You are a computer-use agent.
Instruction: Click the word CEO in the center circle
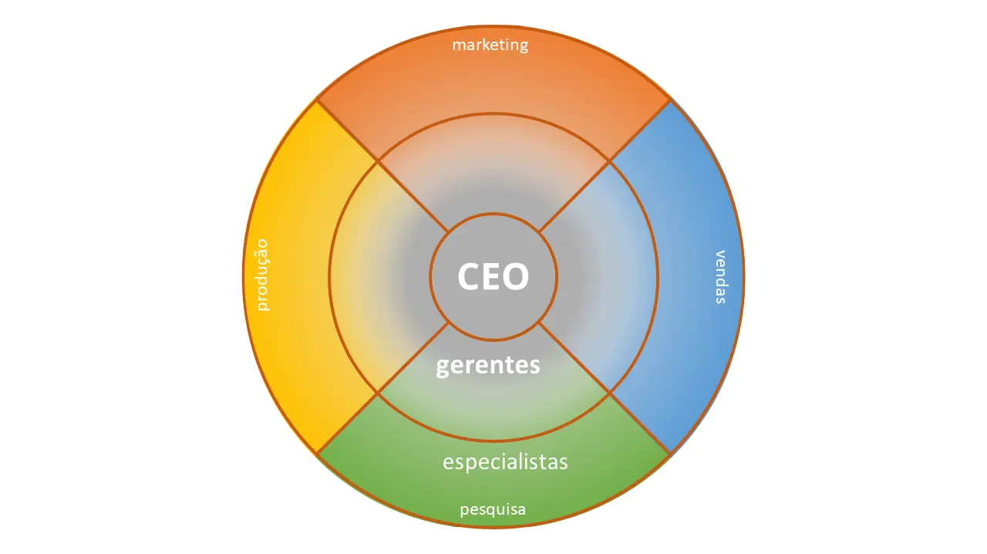[493, 276]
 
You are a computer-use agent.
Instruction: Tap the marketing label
[490, 45]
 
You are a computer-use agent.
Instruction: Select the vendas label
[720, 276]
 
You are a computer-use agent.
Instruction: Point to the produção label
[264, 275]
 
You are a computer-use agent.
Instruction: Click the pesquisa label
[493, 509]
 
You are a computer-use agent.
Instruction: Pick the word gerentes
[488, 364]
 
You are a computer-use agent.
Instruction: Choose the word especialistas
[505, 462]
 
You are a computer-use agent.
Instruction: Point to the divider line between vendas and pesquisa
[640, 424]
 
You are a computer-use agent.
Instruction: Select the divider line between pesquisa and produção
[347, 424]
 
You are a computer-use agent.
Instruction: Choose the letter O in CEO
[517, 276]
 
